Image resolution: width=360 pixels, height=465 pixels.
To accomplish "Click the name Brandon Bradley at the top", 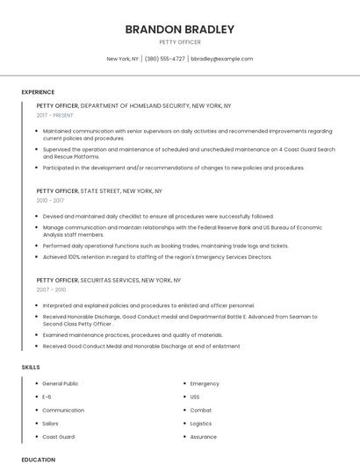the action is point(180,29).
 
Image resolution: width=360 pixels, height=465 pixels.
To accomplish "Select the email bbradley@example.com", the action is point(221,59).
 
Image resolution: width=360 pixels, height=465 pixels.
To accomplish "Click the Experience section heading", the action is point(38,91).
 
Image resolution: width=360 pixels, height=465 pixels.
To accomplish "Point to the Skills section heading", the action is point(31,366).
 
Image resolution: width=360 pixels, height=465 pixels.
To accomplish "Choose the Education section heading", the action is point(38,459).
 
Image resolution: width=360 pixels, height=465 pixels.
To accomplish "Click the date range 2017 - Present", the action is point(55,115).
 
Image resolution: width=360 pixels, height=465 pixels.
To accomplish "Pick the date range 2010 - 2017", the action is point(49,200).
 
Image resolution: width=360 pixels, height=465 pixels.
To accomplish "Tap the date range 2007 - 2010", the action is point(51,289).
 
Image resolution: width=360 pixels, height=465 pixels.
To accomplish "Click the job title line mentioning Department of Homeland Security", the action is point(133,105).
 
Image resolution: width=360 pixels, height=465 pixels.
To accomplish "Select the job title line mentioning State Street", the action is point(99,190).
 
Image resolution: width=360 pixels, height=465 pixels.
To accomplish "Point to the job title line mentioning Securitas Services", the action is point(108,279).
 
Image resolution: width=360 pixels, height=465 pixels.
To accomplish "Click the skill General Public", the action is point(61,383).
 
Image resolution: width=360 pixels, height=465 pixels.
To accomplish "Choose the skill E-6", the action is point(47,397).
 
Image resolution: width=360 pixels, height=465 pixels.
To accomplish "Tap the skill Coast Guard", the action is point(59,436).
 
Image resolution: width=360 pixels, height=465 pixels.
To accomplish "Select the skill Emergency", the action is point(205,383).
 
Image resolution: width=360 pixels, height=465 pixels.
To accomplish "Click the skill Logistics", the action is point(202,423).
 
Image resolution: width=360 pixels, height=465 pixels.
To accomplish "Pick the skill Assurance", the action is point(204,436).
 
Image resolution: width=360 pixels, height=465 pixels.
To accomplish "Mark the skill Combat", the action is point(201,410).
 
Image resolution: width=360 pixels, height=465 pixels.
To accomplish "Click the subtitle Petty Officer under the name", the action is point(180,42).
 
